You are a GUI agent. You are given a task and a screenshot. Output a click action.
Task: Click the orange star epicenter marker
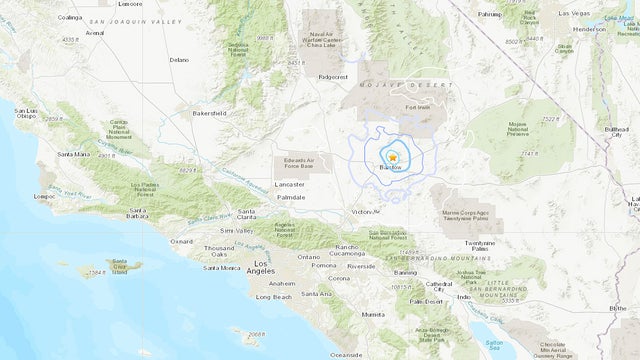393,158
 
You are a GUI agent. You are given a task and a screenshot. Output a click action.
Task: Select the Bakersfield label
209,114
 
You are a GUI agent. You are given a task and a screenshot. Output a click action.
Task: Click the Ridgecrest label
330,74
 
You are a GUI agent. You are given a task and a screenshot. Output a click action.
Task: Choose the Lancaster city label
290,185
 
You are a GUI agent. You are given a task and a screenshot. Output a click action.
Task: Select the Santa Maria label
73,154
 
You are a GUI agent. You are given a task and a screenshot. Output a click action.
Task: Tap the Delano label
178,60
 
